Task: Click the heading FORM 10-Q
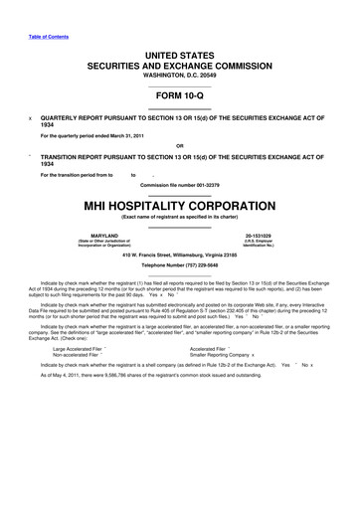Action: click(x=179, y=94)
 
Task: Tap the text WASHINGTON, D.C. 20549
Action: click(x=179, y=76)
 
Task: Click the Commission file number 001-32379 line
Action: click(x=179, y=186)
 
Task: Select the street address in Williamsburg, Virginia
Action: click(x=179, y=255)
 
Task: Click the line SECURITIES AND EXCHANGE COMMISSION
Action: click(x=179, y=63)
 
